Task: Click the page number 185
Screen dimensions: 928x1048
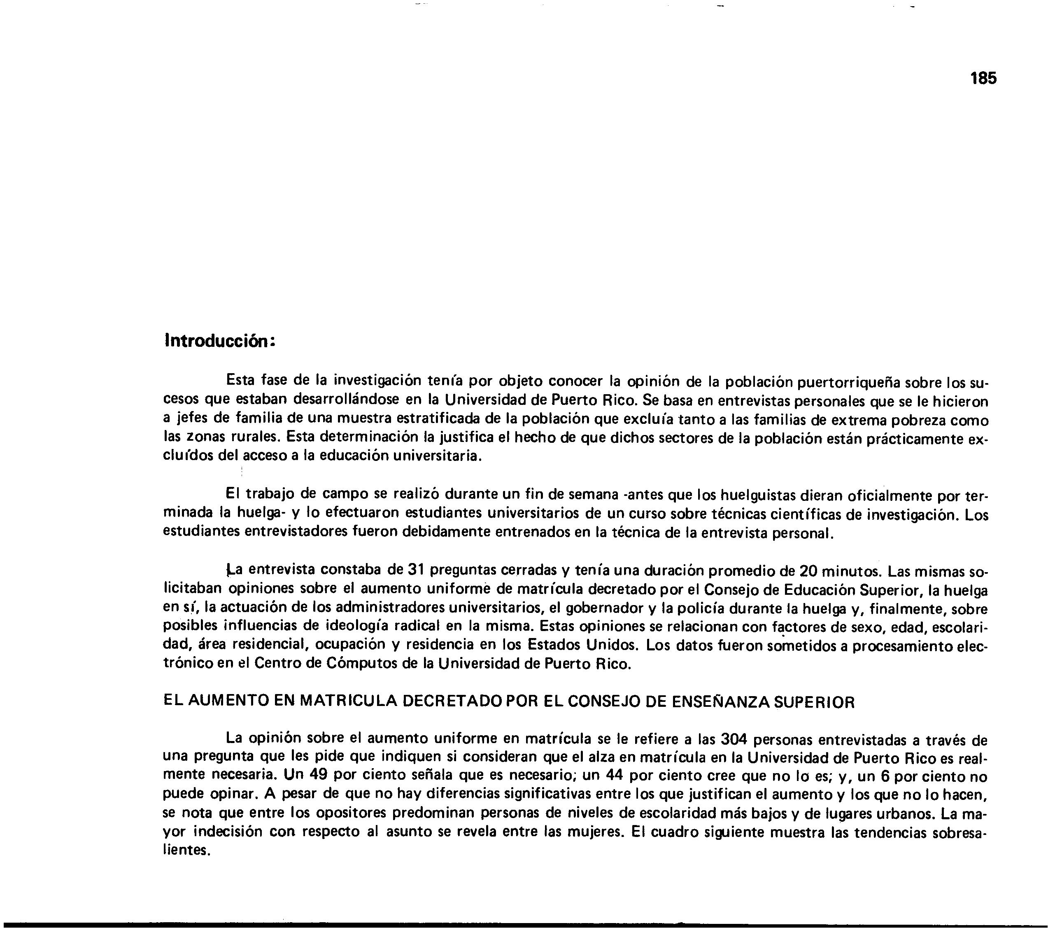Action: point(983,79)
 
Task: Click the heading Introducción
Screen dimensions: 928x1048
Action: point(220,341)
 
